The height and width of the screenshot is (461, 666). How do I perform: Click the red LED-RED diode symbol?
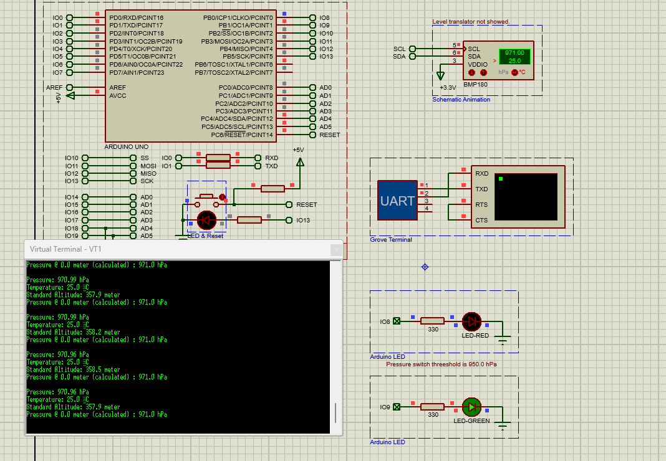pyautogui.click(x=471, y=321)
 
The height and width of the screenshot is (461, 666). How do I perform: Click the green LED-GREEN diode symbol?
pyautogui.click(x=471, y=407)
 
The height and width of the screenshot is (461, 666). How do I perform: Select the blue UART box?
pyautogui.click(x=397, y=201)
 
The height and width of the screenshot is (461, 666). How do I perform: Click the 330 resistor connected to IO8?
pyautogui.click(x=432, y=321)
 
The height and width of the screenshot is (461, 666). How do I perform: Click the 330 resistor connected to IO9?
pyautogui.click(x=432, y=407)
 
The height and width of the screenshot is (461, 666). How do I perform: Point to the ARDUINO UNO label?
pyautogui.click(x=126, y=146)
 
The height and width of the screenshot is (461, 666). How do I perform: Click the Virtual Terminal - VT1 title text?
pyautogui.click(x=65, y=249)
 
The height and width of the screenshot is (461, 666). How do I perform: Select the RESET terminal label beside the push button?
pyautogui.click(x=307, y=205)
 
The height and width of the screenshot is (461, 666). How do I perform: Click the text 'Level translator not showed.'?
pyautogui.click(x=471, y=22)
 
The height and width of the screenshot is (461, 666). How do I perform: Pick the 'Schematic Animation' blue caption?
pyautogui.click(x=461, y=100)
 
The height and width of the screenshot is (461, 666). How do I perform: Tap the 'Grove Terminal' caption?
pyautogui.click(x=391, y=240)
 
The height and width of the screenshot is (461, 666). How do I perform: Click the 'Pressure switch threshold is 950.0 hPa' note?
pyautogui.click(x=442, y=364)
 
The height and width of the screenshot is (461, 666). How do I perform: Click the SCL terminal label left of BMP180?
pyautogui.click(x=400, y=49)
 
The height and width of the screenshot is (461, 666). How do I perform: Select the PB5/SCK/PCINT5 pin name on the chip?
pyautogui.click(x=248, y=57)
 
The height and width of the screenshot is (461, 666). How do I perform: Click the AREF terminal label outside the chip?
pyautogui.click(x=54, y=88)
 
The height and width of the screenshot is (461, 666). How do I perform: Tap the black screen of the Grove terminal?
pyautogui.click(x=525, y=196)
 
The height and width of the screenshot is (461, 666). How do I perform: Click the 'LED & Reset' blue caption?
pyautogui.click(x=206, y=236)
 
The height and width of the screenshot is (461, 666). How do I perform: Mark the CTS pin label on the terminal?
pyautogui.click(x=481, y=220)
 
